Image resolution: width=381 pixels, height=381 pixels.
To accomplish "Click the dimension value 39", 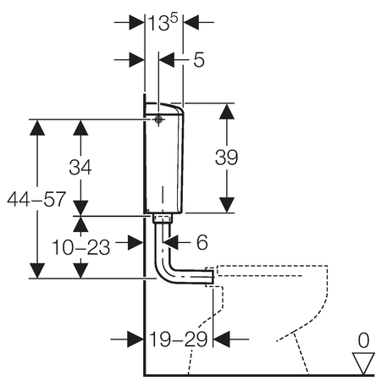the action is tap(226, 157).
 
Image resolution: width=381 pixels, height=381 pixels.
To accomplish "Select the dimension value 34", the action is tap(80, 167).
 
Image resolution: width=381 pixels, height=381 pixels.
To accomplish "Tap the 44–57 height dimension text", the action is tap(36, 199).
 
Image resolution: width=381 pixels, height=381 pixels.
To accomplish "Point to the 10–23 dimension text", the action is tap(81, 247).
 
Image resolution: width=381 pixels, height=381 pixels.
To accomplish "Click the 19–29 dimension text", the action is tap(179, 340).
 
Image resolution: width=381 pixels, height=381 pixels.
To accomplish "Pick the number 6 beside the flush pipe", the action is tap(202, 242).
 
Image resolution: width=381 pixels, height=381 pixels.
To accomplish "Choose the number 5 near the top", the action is tap(199, 59).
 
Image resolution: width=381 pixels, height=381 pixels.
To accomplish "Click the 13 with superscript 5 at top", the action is tap(163, 22).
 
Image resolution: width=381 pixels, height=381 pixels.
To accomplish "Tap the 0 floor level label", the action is tap(363, 340).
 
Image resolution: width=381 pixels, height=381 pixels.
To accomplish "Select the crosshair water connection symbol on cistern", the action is tap(158, 119).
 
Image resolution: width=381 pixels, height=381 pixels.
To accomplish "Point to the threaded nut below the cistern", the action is tap(163, 218).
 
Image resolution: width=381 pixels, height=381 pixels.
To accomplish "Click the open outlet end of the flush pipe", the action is tap(212, 276).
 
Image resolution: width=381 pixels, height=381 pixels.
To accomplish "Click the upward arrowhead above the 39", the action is tap(227, 111).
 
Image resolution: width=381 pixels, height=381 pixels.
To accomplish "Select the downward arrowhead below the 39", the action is tap(227, 205).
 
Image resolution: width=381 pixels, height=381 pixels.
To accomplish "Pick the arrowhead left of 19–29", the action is tap(135, 340).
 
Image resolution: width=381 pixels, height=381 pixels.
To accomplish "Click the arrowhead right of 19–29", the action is tap(222, 340).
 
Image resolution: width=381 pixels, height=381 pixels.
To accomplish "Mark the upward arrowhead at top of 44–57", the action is tap(37, 128).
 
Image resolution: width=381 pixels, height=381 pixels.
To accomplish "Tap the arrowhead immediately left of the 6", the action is tap(171, 242).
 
